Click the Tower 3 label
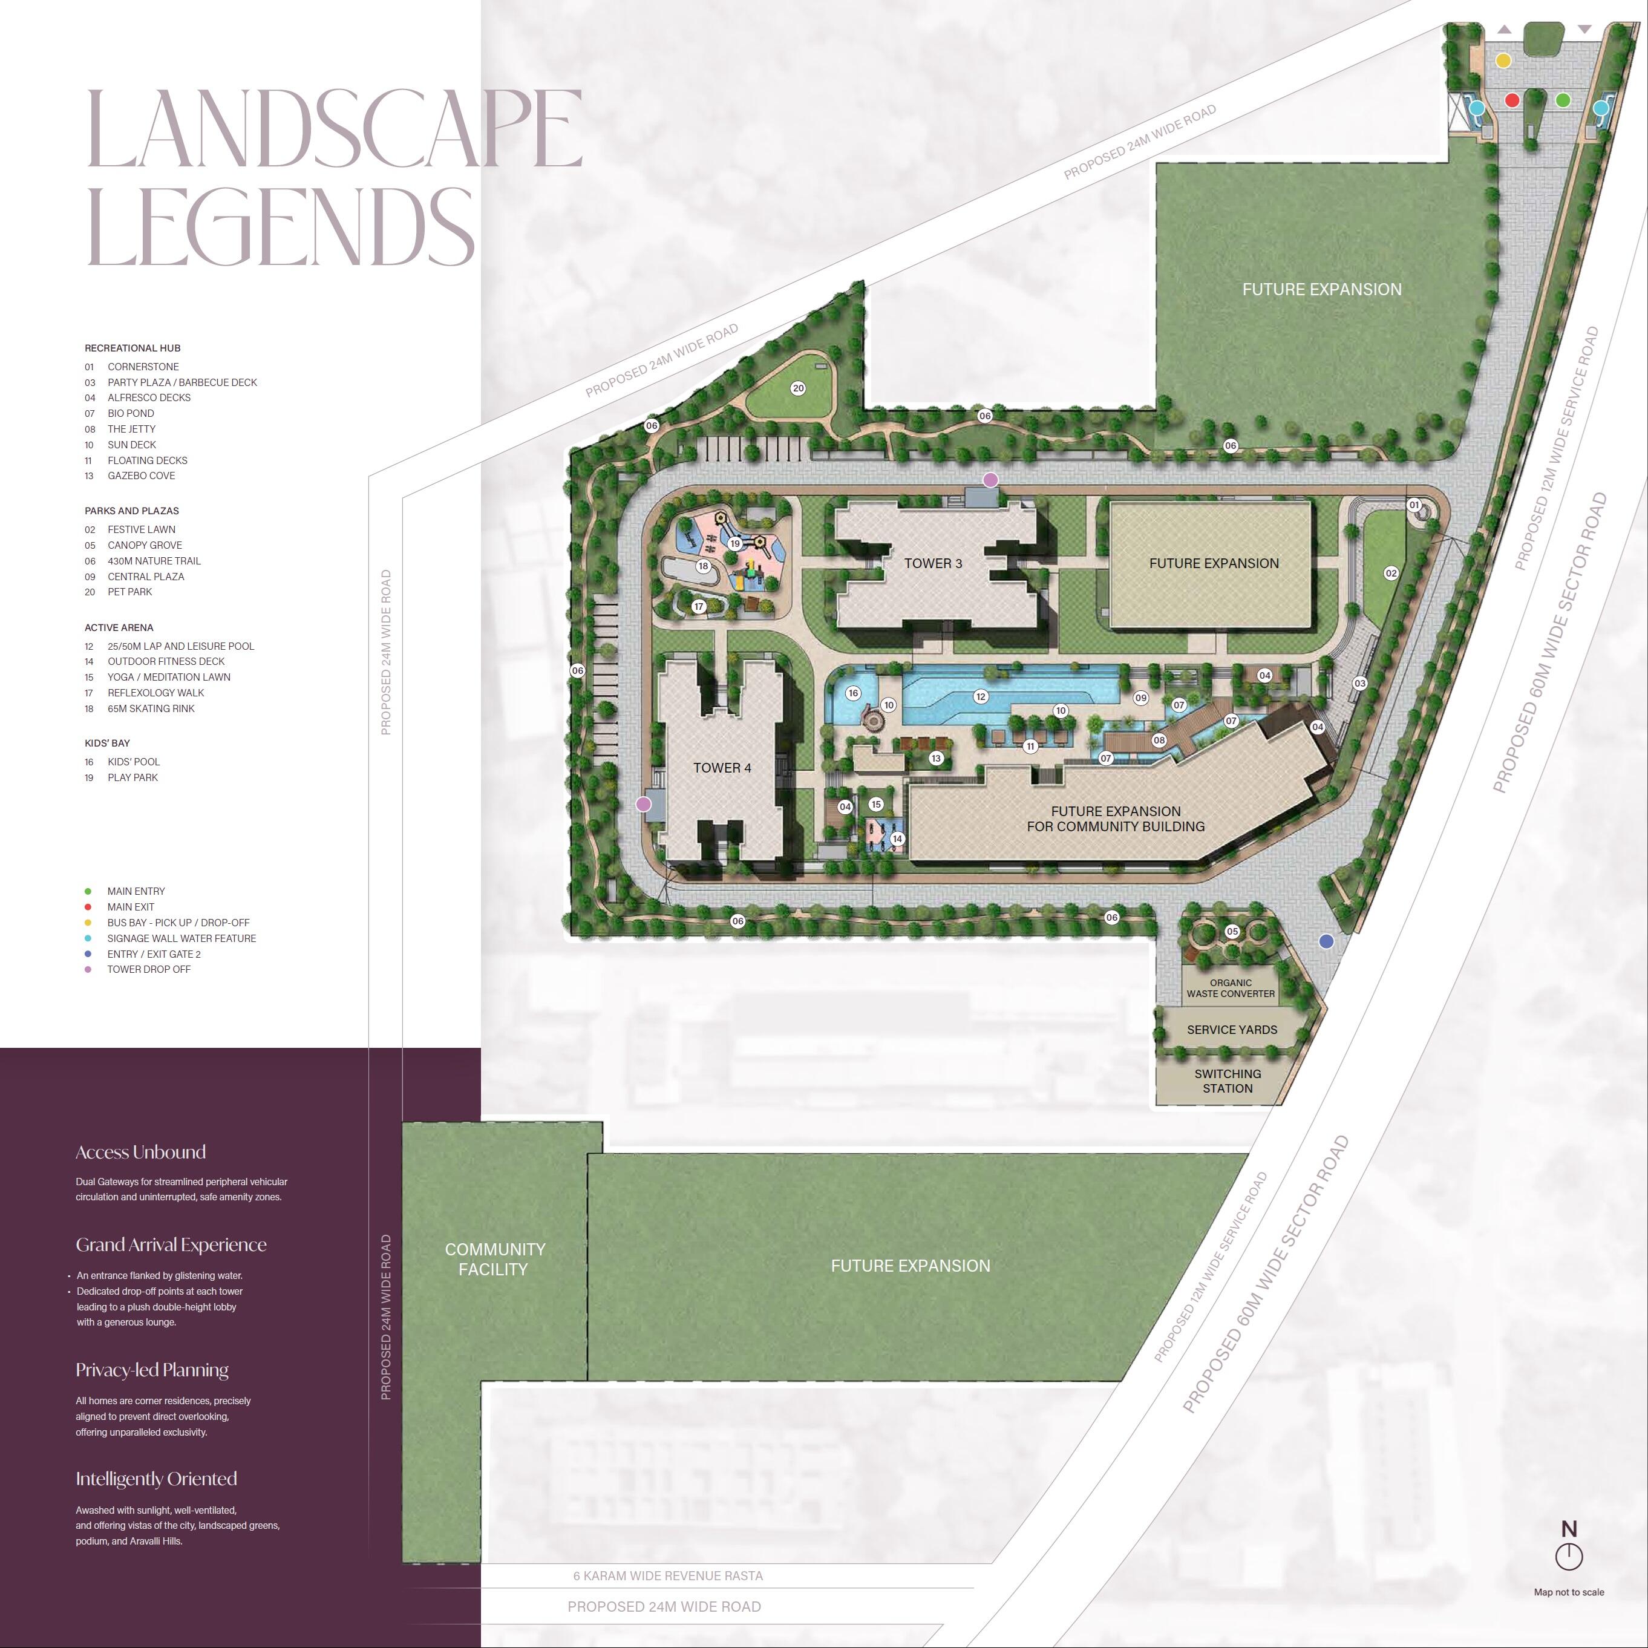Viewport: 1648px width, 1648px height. pos(932,563)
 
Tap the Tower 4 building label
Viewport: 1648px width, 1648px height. pos(722,768)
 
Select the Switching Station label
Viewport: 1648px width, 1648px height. pos(1228,1081)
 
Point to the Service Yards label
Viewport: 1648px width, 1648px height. pos(1232,1030)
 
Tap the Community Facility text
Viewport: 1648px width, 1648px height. pos(495,1259)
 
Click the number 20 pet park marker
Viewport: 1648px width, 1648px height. pos(797,388)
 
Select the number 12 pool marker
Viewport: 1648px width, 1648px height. pos(980,697)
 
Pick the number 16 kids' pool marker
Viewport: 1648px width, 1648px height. pos(853,693)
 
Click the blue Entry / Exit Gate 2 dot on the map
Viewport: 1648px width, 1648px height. pos(1326,942)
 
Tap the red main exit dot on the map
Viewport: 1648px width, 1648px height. pos(1512,100)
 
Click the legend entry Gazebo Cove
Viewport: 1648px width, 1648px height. pos(141,476)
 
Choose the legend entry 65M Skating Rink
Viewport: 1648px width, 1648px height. pos(150,709)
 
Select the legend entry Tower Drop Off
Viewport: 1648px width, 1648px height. pos(148,969)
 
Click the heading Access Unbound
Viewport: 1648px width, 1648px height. pos(141,1153)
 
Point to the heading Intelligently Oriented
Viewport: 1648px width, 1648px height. pos(156,1479)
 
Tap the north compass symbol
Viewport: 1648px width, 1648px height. pos(1569,1556)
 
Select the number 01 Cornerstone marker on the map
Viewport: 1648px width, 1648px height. pos(1413,505)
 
